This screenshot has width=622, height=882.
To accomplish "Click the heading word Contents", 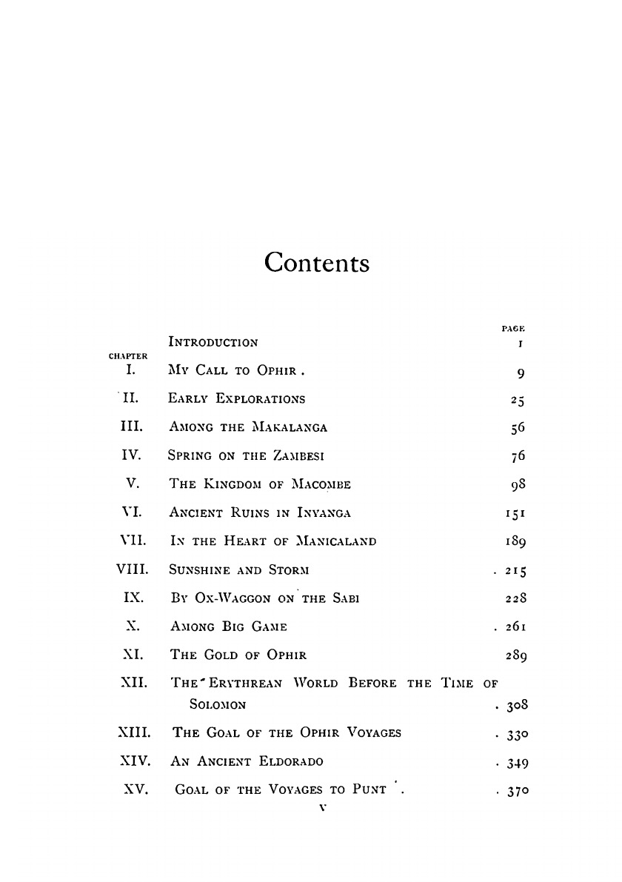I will click(316, 262).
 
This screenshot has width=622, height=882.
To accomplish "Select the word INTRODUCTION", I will click(214, 342).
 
